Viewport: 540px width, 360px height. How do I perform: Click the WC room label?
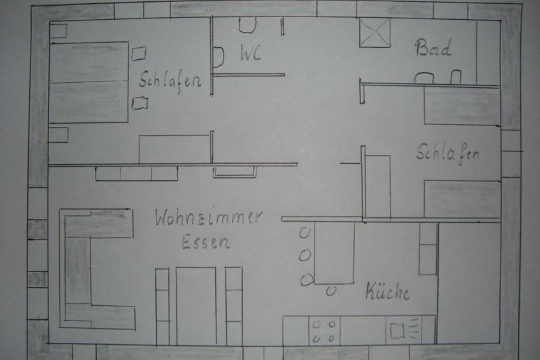[x=250, y=53]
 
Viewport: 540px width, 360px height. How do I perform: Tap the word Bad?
[x=433, y=48]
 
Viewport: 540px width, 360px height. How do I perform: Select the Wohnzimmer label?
[x=208, y=217]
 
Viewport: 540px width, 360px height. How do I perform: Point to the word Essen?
[x=206, y=242]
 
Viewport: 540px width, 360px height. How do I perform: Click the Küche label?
[x=387, y=291]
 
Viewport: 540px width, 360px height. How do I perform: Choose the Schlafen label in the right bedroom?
[x=448, y=154]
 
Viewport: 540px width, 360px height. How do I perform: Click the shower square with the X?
[x=374, y=32]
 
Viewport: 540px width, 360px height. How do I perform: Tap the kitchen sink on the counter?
[x=404, y=330]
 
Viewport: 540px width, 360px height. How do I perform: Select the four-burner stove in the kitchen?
[x=324, y=331]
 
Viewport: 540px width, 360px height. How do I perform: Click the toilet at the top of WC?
[x=247, y=25]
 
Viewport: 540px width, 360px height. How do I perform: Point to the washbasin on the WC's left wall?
[x=218, y=57]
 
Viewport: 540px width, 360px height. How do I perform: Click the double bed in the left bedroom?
[x=89, y=82]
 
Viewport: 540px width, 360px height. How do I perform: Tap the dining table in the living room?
[x=196, y=306]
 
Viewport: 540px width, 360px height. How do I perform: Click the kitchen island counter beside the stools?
[x=334, y=253]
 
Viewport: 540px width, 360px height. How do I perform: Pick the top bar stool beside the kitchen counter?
[x=304, y=233]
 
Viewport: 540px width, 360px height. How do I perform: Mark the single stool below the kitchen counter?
[x=331, y=291]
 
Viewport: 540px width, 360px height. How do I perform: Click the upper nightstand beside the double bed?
[x=139, y=54]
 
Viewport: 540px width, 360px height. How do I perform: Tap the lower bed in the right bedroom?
[x=462, y=199]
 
